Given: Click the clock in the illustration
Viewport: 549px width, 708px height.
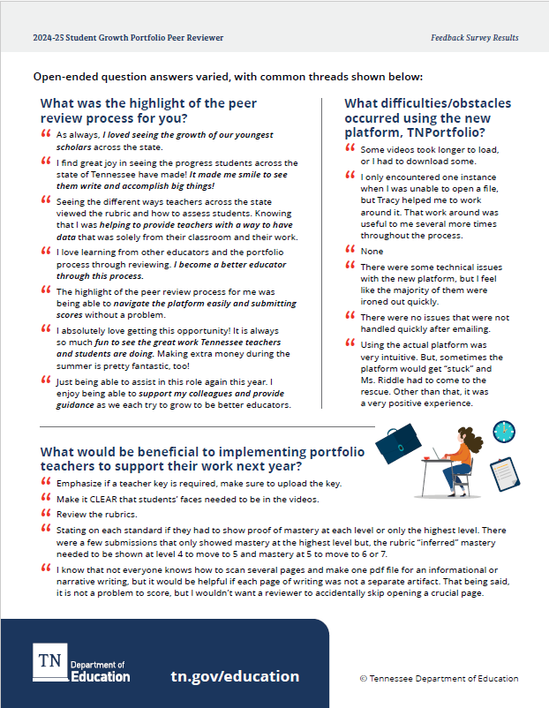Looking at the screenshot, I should coord(504,432).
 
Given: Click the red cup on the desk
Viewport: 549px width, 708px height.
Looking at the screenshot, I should coord(425,457).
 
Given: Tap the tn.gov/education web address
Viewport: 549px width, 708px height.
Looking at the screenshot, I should coord(235,676).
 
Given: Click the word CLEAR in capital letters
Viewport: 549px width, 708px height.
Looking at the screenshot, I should coord(104,499).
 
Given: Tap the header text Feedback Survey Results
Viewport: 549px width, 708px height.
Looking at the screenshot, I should coord(474,38).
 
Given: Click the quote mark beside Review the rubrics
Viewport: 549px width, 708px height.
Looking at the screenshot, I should coord(46,514).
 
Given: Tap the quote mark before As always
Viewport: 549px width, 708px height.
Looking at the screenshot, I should coord(46,135).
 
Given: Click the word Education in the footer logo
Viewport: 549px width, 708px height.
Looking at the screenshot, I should coord(101,677).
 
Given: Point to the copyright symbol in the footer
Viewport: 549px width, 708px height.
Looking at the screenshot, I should coord(364,678).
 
